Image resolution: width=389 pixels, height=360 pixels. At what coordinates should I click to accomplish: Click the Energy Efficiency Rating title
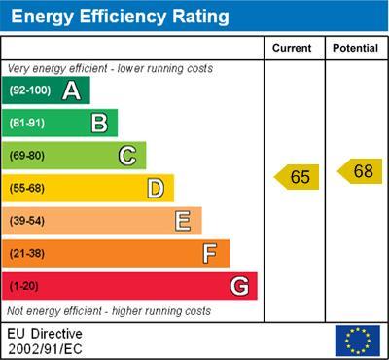119,17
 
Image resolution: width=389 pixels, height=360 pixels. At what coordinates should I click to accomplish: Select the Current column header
292,48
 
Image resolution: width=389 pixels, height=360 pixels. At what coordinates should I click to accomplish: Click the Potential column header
355,48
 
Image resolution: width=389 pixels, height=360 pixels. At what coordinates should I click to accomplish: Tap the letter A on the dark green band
71,90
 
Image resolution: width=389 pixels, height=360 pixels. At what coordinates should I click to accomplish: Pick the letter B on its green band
99,123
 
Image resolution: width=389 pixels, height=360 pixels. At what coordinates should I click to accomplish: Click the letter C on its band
127,155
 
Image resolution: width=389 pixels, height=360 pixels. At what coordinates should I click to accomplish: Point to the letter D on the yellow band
156,188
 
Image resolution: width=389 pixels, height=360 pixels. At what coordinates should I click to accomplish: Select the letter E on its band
183,221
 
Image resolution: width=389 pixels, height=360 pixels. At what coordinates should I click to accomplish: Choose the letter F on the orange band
210,253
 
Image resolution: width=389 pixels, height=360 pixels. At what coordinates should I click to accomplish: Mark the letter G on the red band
239,286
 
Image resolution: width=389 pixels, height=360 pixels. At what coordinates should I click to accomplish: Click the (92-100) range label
30,90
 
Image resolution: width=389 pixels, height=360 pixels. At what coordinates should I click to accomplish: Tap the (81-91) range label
27,123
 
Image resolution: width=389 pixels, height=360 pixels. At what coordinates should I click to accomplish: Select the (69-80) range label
27,156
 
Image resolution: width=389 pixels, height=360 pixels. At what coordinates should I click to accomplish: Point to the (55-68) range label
27,188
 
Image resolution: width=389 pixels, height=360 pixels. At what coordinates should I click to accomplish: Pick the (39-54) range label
27,221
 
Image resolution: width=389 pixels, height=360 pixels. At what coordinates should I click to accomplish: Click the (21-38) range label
27,254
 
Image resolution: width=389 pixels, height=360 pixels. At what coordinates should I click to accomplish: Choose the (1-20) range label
24,286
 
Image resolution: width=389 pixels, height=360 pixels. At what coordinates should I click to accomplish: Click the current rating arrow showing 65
297,177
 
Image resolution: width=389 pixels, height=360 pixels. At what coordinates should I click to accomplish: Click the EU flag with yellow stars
357,340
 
